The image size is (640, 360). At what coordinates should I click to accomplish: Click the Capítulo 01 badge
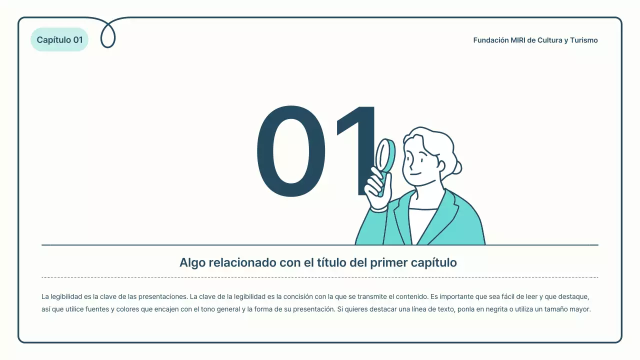[59, 40]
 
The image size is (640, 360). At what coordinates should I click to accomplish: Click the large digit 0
[291, 151]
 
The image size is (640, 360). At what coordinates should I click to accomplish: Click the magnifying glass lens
[385, 155]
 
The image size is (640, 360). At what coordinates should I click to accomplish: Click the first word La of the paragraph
[45, 296]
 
